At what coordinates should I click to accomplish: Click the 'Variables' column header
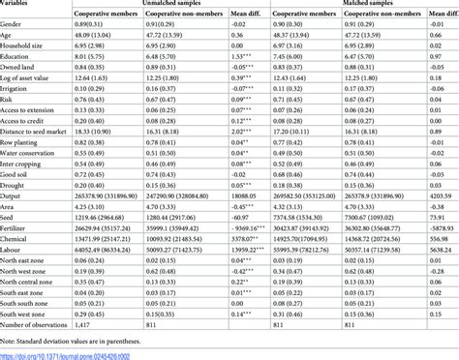click(x=20, y=4)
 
